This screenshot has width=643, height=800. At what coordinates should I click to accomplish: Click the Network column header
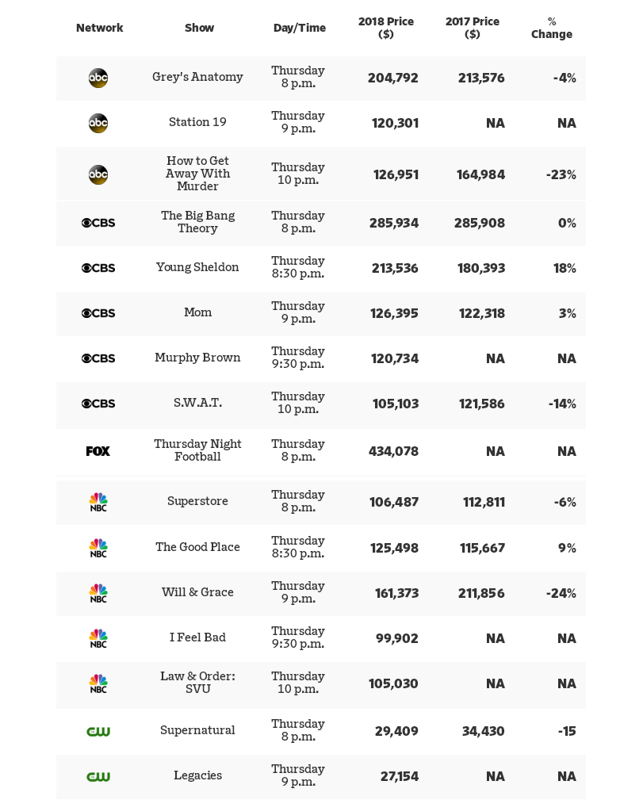click(x=99, y=28)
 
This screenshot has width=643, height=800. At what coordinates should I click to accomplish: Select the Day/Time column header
click(x=299, y=28)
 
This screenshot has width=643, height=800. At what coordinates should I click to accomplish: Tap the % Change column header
click(x=552, y=28)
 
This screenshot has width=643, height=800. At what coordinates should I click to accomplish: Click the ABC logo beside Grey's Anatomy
click(x=98, y=78)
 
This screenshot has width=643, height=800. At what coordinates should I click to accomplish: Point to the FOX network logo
click(x=98, y=451)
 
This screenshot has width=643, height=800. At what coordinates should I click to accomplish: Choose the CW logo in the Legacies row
click(x=98, y=776)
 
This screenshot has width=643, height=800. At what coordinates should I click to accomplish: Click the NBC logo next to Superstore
click(x=98, y=502)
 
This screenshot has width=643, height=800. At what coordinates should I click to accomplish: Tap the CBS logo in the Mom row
click(x=98, y=313)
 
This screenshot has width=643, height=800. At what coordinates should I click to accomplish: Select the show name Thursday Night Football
click(x=197, y=450)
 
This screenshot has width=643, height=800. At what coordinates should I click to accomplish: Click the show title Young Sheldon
click(x=197, y=267)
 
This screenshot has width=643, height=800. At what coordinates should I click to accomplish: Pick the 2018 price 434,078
click(x=393, y=451)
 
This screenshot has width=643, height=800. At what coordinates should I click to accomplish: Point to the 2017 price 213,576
click(x=481, y=78)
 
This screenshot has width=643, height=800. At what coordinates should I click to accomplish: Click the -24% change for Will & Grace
click(x=561, y=593)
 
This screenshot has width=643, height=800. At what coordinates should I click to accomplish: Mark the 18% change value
click(x=565, y=268)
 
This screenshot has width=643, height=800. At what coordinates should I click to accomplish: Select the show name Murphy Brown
click(x=197, y=358)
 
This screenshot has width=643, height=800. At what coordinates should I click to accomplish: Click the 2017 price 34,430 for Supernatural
click(x=483, y=731)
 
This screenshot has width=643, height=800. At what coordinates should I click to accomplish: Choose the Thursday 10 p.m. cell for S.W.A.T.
click(x=298, y=403)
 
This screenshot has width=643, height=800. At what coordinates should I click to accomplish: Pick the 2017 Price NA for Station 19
click(x=495, y=123)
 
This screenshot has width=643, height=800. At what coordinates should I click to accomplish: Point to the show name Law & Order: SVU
click(x=197, y=683)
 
